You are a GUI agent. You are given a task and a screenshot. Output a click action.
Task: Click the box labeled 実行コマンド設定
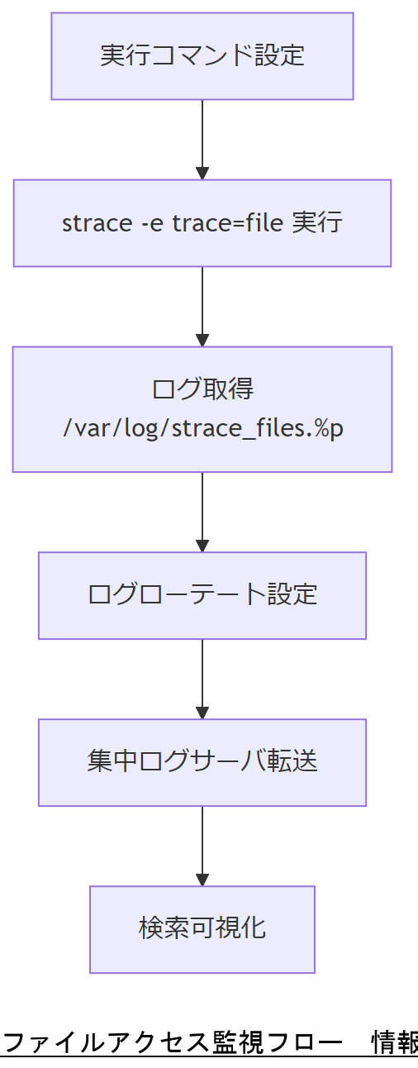[x=202, y=56]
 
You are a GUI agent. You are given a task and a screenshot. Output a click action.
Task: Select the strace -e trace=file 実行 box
[x=202, y=223]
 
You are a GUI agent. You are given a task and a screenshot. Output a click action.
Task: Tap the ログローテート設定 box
[x=202, y=595]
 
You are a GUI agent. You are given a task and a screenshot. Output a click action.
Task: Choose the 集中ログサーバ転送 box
[x=202, y=762]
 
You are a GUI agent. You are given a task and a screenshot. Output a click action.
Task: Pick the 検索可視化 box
[x=202, y=929]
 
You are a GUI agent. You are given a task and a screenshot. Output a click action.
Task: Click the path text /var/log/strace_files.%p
[x=202, y=430]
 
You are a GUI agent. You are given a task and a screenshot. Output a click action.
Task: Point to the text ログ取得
[x=202, y=389]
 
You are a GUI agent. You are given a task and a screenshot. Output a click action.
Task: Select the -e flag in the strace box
[x=139, y=223]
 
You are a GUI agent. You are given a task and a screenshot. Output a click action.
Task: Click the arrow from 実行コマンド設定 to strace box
[x=202, y=136]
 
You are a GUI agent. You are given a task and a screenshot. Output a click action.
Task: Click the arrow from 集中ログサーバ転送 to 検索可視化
[x=202, y=844]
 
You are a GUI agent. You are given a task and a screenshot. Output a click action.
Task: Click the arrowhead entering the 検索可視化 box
[x=202, y=880]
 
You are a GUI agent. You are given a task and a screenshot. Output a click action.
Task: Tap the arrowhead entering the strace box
[x=202, y=173]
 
